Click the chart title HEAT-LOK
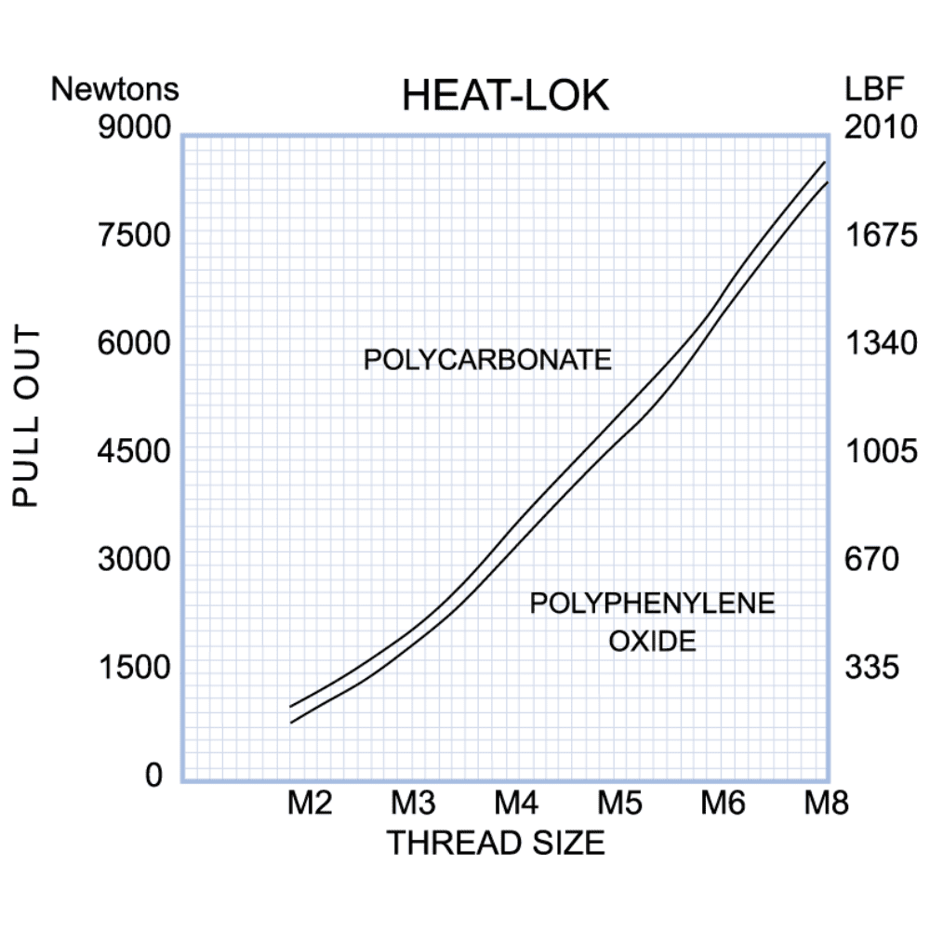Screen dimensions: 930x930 (x=505, y=97)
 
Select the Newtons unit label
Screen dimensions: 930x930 (x=114, y=90)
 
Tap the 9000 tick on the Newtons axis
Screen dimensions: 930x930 (x=135, y=127)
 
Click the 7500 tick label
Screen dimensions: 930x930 (x=135, y=235)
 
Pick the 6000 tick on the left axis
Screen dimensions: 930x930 (x=135, y=344)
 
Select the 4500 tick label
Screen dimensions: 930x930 (x=135, y=452)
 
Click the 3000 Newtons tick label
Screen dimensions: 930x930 (x=135, y=560)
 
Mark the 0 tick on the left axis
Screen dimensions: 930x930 (x=154, y=776)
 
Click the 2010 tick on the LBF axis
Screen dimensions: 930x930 (x=881, y=127)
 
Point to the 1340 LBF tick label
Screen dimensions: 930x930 (x=881, y=344)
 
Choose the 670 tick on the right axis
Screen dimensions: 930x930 (x=872, y=560)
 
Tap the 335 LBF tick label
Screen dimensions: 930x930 (x=872, y=668)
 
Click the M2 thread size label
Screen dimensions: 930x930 (x=309, y=803)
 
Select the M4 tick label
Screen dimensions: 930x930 (x=516, y=803)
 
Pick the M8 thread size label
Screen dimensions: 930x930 (x=826, y=803)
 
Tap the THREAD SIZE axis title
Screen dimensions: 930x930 (x=496, y=844)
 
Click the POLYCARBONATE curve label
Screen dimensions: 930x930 (x=487, y=360)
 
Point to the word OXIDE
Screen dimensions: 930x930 (x=652, y=641)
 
